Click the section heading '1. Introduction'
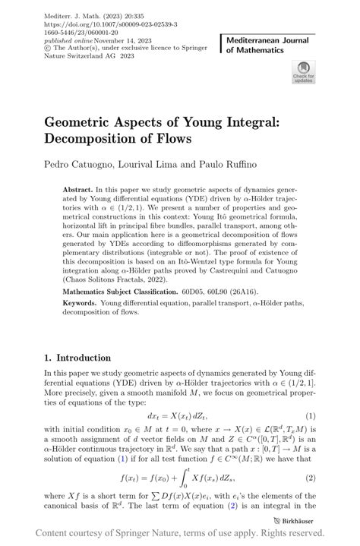tap(77, 358)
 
